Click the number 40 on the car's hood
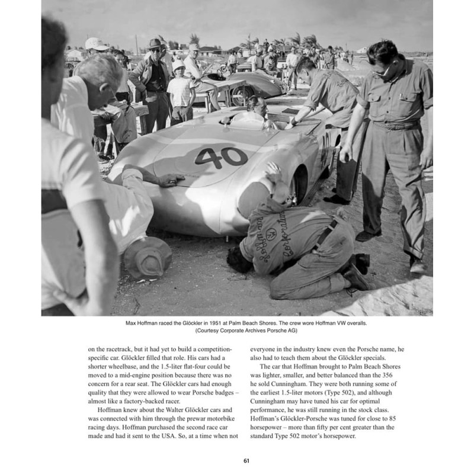tap(220, 157)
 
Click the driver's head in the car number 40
tap(257, 106)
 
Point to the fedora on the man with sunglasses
tap(156, 44)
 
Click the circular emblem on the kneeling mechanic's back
tap(271, 233)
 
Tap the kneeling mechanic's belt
tap(328, 233)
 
